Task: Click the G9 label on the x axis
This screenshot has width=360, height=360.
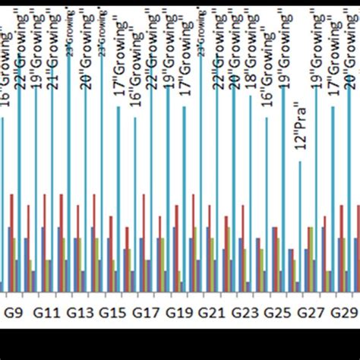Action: (15, 312)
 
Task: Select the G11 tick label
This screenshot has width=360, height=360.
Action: (47, 312)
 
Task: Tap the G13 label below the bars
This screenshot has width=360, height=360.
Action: (81, 312)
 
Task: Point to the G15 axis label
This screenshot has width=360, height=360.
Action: (112, 312)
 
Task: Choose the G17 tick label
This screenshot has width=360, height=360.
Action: (145, 312)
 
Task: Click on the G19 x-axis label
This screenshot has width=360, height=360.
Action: (178, 312)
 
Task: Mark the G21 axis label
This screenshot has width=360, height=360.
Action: (211, 312)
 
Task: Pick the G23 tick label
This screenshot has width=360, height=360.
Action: (244, 312)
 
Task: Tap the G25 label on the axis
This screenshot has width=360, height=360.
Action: (276, 312)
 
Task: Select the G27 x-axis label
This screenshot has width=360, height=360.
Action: (310, 312)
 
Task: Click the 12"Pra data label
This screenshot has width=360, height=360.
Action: (300, 130)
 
